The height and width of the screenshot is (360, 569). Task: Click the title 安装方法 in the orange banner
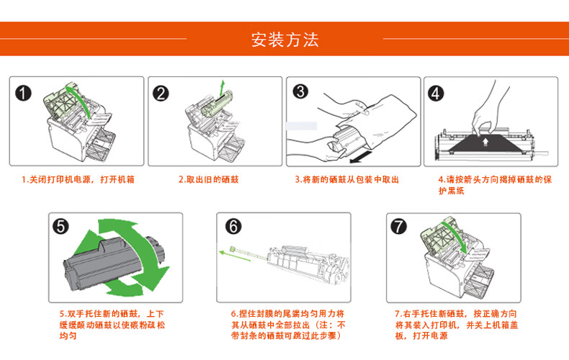click(x=284, y=39)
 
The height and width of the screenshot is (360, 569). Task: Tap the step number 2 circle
click(x=161, y=94)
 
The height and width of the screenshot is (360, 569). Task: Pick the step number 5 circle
click(x=62, y=226)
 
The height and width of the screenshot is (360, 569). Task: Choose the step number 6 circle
click(x=233, y=226)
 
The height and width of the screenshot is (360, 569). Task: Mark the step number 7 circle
click(x=398, y=226)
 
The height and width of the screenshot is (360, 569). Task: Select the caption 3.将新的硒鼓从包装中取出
click(x=346, y=179)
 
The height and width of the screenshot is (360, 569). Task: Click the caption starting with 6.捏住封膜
click(x=287, y=325)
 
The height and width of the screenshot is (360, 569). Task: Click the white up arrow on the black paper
click(x=488, y=142)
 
